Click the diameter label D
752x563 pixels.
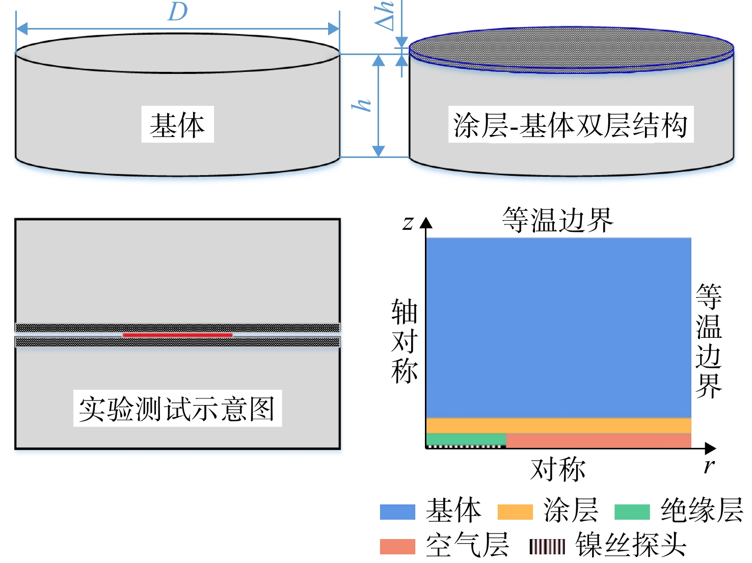pyautogui.click(x=178, y=11)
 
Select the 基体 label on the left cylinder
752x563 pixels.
pyautogui.click(x=177, y=124)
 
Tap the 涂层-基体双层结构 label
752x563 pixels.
pyautogui.click(x=571, y=124)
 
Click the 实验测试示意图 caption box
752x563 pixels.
pyautogui.click(x=177, y=408)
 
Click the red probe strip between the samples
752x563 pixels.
pyautogui.click(x=177, y=335)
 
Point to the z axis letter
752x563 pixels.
pyautogui.click(x=408, y=224)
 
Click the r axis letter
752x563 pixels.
pyautogui.click(x=709, y=466)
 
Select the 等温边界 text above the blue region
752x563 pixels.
pyautogui.click(x=558, y=220)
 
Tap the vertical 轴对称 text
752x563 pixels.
pyautogui.click(x=404, y=341)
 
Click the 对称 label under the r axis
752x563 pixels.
pyautogui.click(x=558, y=469)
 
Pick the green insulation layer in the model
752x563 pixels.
pyautogui.click(x=466, y=439)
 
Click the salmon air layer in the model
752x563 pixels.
pyautogui.click(x=599, y=440)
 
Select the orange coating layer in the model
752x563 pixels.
pyautogui.click(x=558, y=425)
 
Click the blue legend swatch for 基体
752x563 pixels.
pyautogui.click(x=397, y=512)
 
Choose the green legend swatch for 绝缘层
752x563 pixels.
pyautogui.click(x=632, y=512)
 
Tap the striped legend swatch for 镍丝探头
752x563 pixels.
pyautogui.click(x=547, y=547)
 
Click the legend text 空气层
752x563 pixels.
pyautogui.click(x=467, y=545)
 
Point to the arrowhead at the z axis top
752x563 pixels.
pyautogui.click(x=426, y=223)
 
